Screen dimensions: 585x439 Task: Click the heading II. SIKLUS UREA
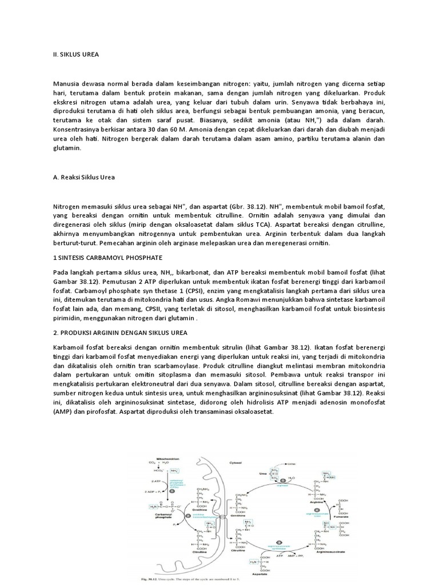pos(75,54)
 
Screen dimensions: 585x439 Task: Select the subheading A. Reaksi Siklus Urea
pos(83,177)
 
